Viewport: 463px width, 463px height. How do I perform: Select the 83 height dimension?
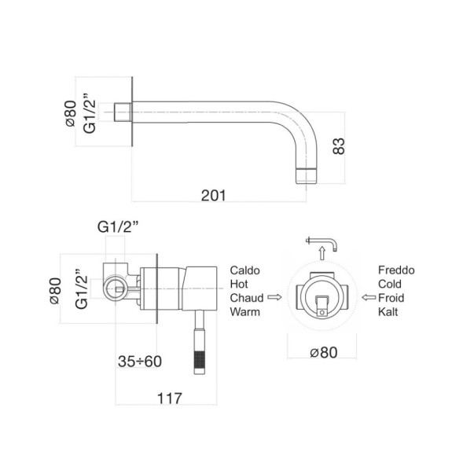[x=340, y=146]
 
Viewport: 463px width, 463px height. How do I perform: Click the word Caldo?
[x=244, y=270]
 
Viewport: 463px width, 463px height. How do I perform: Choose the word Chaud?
[x=247, y=298]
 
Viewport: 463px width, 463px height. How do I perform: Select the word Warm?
[x=245, y=312]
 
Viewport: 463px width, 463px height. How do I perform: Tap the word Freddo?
[x=395, y=270]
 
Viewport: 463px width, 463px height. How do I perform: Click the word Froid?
[x=391, y=298]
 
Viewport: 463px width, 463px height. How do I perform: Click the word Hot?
[x=239, y=284]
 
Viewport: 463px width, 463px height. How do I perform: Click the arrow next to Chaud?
[x=274, y=298]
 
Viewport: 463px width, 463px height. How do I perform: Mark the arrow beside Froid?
[x=367, y=298]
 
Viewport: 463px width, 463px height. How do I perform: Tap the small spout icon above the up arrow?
[x=322, y=240]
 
